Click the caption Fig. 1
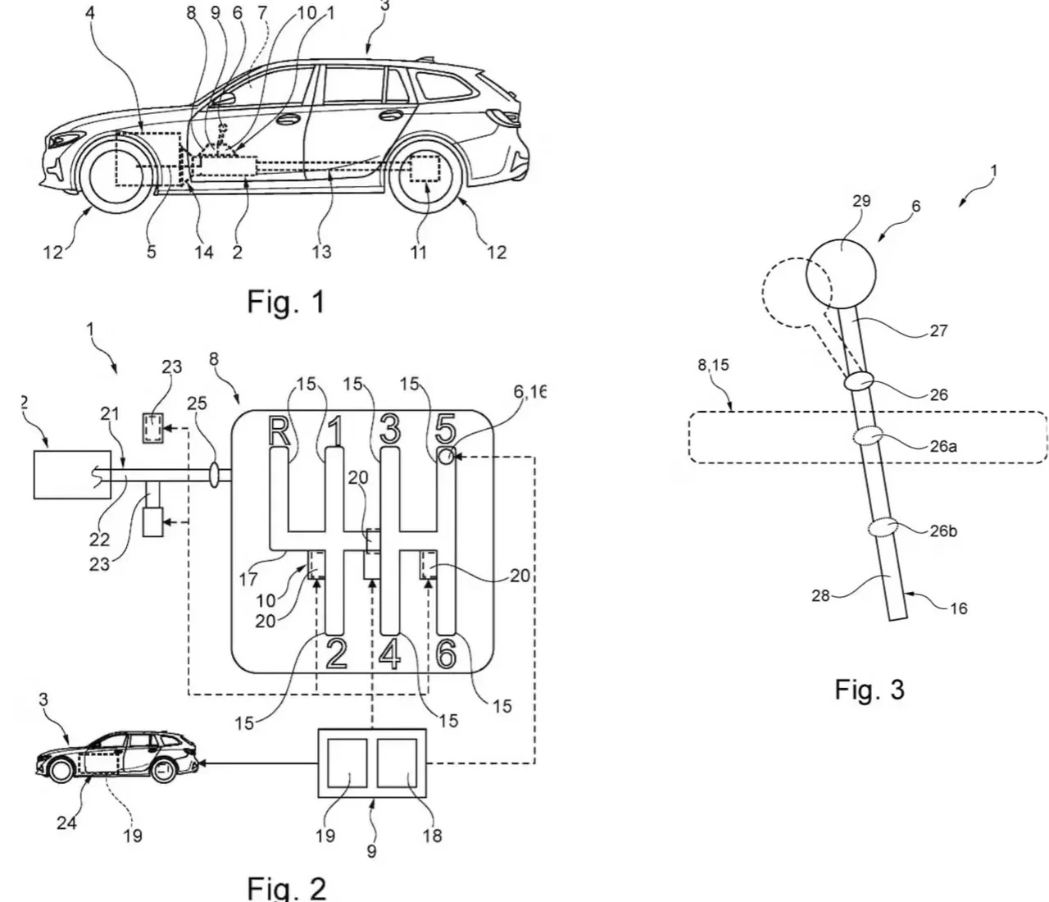pos(286,303)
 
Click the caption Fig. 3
pos(870,689)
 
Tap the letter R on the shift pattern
pos(279,431)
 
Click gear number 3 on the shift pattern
pos(390,430)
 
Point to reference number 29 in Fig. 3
pos(861,201)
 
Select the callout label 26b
pos(943,531)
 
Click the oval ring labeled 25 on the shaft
pos(216,476)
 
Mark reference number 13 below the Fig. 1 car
pos(322,252)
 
